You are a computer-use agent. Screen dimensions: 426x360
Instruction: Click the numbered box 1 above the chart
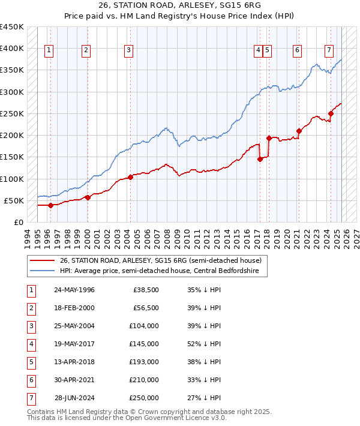pos(48,50)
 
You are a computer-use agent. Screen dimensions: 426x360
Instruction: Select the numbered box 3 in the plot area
pos(128,50)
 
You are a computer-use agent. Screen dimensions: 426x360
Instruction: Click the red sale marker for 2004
pos(130,177)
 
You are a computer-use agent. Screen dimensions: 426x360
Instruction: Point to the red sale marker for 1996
pos(50,205)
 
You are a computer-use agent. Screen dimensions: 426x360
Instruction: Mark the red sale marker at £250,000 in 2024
pos(331,113)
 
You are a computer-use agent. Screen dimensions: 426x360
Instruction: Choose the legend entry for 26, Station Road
pos(160,261)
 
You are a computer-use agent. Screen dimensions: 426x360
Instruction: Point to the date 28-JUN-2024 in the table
pos(74,398)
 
